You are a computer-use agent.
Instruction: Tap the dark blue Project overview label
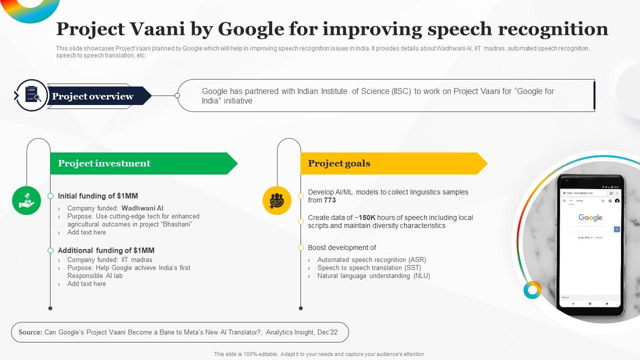(x=92, y=96)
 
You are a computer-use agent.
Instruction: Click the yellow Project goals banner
(x=390, y=163)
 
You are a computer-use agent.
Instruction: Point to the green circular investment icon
(x=26, y=200)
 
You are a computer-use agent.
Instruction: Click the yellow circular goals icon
(x=277, y=200)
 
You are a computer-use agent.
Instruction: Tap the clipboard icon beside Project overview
(x=31, y=95)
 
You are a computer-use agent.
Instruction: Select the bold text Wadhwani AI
(x=142, y=208)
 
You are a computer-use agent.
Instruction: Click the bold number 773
(x=329, y=200)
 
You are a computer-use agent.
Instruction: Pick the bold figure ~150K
(x=367, y=217)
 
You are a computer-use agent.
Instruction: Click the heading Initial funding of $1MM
(x=98, y=196)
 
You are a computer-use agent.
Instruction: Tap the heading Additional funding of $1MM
(x=106, y=250)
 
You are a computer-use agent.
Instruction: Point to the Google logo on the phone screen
(x=590, y=217)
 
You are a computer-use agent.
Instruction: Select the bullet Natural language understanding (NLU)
(x=373, y=275)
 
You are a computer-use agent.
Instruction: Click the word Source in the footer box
(x=30, y=332)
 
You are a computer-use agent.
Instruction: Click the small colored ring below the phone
(x=532, y=290)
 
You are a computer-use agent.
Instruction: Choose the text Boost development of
(x=342, y=247)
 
